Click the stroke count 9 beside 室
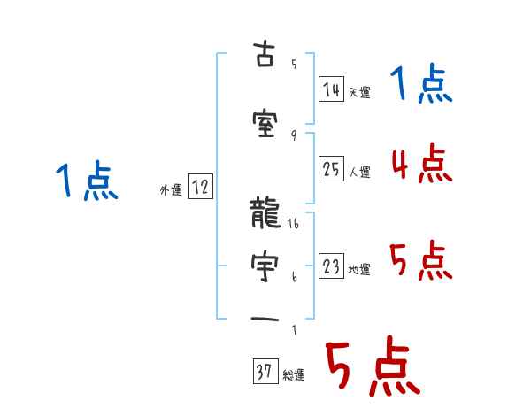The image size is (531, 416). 293,135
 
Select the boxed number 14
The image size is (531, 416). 332,89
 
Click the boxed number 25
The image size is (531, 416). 332,169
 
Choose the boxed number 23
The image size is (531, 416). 332,266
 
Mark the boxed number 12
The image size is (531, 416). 200,186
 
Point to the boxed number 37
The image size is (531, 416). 265,372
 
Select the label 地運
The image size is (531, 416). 359,270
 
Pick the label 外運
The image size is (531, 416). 171,189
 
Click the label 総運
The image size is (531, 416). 294,375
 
